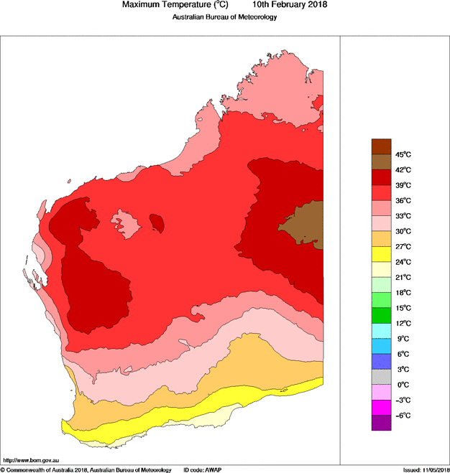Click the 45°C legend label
click(403, 154)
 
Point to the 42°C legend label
click(403, 170)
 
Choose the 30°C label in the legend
click(403, 231)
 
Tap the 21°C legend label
click(403, 277)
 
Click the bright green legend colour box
click(381, 315)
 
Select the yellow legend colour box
click(381, 254)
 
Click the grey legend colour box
click(381, 377)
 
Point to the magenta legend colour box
click(381, 408)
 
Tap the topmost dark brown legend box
click(381, 146)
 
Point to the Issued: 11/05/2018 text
click(426, 469)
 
